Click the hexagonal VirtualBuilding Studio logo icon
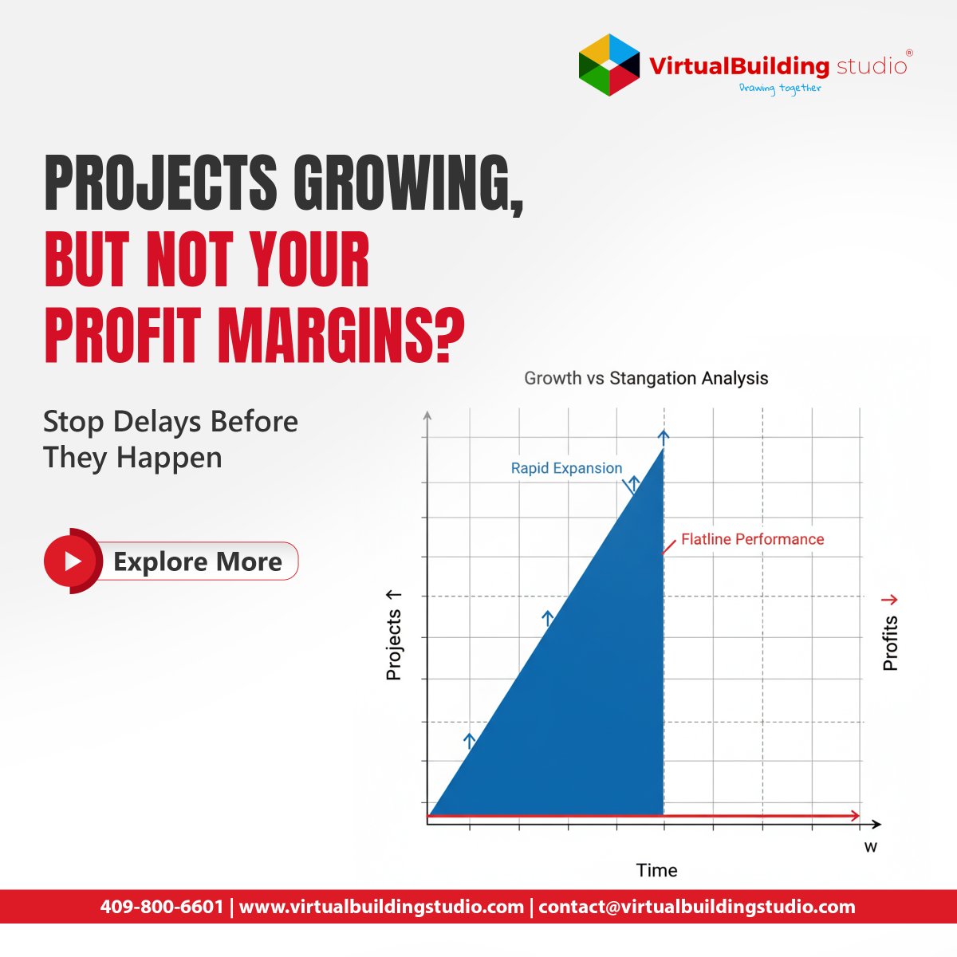pyautogui.click(x=609, y=65)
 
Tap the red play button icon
pyautogui.click(x=72, y=561)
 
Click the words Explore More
pyautogui.click(x=197, y=561)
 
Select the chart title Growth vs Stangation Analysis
pyautogui.click(x=646, y=378)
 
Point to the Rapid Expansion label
pyautogui.click(x=566, y=468)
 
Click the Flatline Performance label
pyautogui.click(x=752, y=539)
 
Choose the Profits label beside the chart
pyautogui.click(x=891, y=643)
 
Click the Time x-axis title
pyautogui.click(x=656, y=870)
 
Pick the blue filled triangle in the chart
pyautogui.click(x=590, y=702)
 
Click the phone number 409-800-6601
pyautogui.click(x=162, y=907)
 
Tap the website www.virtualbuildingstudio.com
pyautogui.click(x=381, y=907)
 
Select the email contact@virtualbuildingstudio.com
pyautogui.click(x=696, y=907)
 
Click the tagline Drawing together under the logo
pyautogui.click(x=779, y=88)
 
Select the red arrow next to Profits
pyautogui.click(x=889, y=600)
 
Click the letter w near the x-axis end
pyautogui.click(x=870, y=847)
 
